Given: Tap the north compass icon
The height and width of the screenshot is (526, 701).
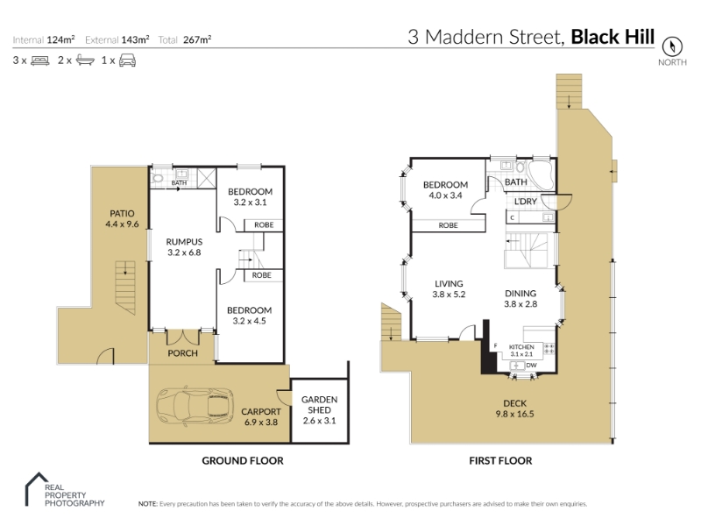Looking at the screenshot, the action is click(x=672, y=46).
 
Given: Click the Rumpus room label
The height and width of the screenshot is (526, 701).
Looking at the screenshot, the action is click(x=184, y=242).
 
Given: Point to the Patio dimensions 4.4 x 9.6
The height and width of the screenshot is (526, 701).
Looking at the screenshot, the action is click(x=122, y=224).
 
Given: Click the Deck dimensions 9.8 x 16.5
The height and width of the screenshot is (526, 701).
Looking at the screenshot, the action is click(x=514, y=414).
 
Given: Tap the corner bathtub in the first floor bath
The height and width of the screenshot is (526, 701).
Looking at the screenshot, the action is click(x=542, y=175).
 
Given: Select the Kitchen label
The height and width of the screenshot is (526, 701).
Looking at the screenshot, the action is click(x=521, y=347).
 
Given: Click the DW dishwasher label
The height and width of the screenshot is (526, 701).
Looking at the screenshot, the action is click(x=531, y=366).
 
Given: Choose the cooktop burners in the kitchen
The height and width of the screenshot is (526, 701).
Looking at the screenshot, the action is click(x=549, y=349).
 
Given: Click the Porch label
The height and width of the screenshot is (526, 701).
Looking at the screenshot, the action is click(x=182, y=353).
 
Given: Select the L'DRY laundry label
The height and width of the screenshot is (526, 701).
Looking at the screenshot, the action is click(x=525, y=202).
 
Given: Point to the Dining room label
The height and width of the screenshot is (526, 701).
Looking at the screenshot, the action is click(x=520, y=294).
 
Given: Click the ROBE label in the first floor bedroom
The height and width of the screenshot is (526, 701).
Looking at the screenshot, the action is click(x=448, y=225).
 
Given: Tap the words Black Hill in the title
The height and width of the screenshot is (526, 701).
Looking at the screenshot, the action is click(x=612, y=37).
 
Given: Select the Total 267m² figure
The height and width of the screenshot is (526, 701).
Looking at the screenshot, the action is click(x=185, y=39).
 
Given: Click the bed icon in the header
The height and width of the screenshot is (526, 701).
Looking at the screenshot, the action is click(x=39, y=60).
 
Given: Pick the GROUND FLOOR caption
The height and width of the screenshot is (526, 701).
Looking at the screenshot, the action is click(x=243, y=461).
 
